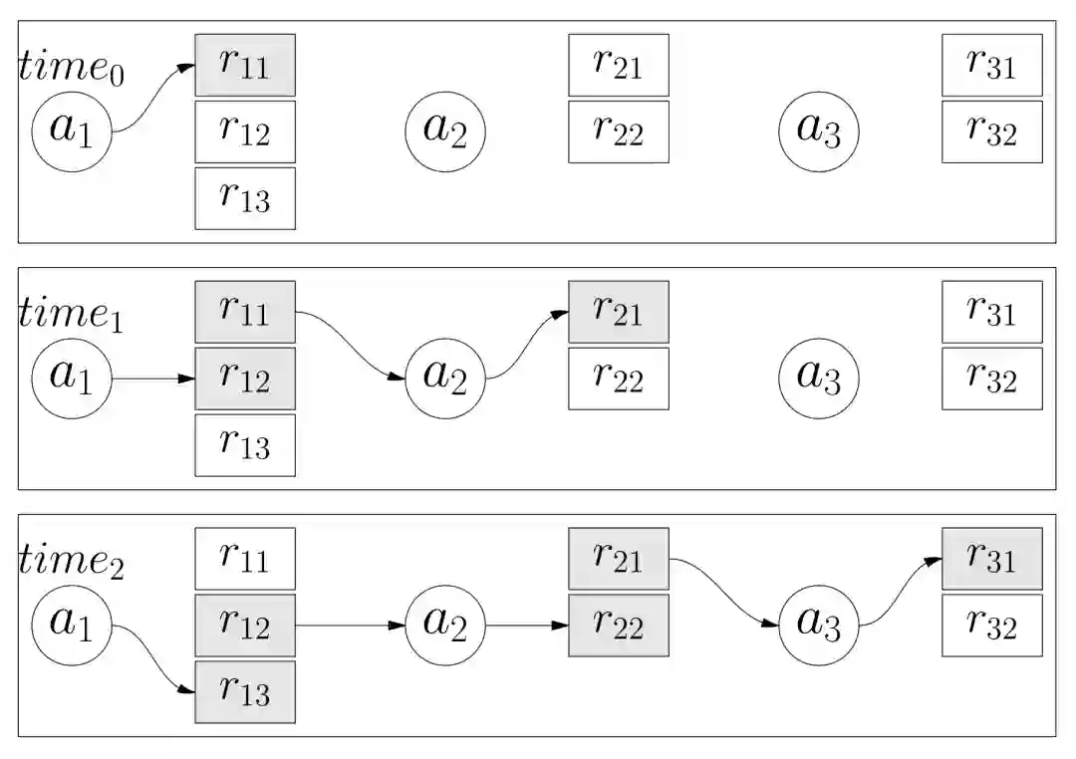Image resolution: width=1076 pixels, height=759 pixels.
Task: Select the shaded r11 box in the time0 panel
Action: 245,65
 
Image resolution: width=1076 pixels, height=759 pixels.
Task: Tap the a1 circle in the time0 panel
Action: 72,130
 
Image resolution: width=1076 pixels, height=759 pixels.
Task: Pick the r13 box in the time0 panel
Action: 245,198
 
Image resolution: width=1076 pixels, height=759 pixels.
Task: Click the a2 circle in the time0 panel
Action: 445,130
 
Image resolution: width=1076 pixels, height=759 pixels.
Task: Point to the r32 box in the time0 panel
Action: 992,131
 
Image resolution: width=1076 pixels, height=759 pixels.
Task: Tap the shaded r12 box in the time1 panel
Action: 245,379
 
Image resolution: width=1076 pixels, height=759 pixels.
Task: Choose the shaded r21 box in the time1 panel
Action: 619,312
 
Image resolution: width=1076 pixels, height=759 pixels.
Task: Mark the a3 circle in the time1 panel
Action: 819,378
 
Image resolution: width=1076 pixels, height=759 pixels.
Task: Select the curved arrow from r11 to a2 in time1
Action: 351,345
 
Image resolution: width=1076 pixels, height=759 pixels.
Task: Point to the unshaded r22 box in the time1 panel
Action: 619,379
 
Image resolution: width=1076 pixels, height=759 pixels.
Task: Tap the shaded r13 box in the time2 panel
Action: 245,692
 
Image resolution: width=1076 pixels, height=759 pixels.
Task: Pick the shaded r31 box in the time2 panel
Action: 992,559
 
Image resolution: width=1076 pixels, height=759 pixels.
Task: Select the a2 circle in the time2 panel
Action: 445,625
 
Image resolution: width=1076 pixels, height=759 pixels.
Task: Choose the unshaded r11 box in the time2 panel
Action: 245,559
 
